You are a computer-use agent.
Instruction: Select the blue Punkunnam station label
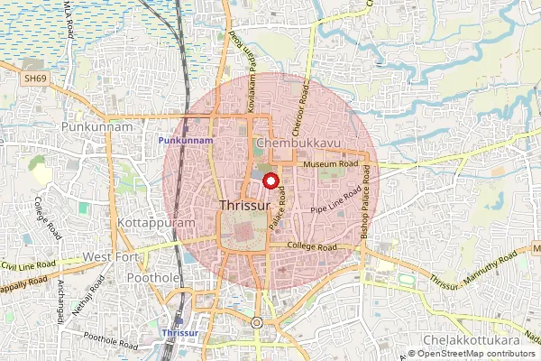click(186, 141)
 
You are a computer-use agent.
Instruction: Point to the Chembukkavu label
click(292, 143)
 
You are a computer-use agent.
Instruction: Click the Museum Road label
click(331, 165)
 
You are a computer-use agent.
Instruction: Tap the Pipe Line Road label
click(335, 202)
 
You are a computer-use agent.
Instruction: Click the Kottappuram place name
click(144, 220)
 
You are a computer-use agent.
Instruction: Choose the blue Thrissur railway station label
click(178, 333)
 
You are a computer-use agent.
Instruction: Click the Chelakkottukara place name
click(496, 342)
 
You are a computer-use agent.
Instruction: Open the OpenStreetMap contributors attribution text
click(475, 355)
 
